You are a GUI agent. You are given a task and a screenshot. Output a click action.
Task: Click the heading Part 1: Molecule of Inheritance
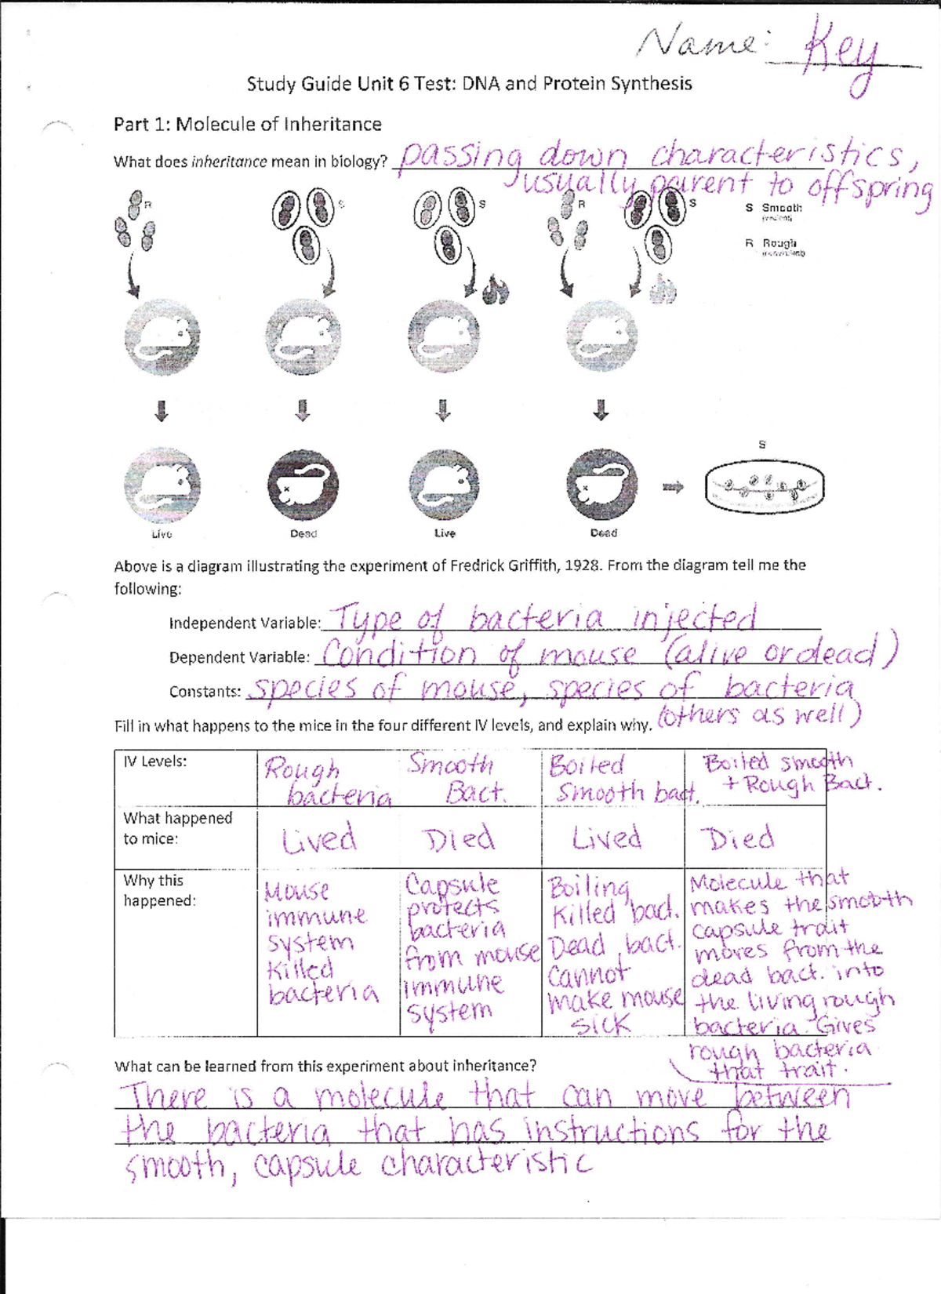coord(247,125)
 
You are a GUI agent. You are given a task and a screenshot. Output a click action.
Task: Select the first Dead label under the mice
coord(303,533)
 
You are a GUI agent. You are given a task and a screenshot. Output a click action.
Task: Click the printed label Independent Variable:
coord(245,623)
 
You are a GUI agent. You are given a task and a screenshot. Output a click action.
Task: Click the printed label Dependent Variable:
coord(239,657)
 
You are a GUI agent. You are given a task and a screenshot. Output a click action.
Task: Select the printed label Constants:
coord(205,692)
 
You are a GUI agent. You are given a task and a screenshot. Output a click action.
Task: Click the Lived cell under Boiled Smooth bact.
coord(606,838)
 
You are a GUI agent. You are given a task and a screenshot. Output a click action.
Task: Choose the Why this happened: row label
coord(159,891)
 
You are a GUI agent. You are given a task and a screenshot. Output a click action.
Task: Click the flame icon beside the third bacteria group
coord(496,291)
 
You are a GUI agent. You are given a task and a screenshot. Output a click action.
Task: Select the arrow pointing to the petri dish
coord(673,488)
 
